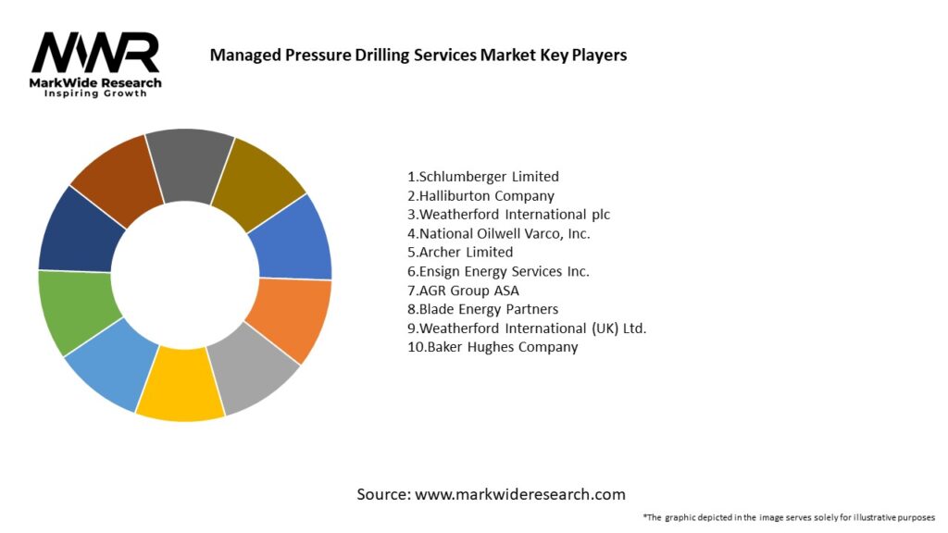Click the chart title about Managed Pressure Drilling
[418, 55]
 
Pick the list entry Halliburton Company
[480, 195]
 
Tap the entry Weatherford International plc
[508, 215]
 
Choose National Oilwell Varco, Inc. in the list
[498, 233]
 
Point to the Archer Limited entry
[459, 252]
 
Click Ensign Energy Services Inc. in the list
[498, 271]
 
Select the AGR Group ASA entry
[463, 291]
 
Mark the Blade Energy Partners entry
[482, 309]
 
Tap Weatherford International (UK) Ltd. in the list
[526, 328]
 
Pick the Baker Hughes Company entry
[492, 347]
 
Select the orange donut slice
[293, 318]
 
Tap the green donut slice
[76, 310]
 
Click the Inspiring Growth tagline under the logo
[95, 94]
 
